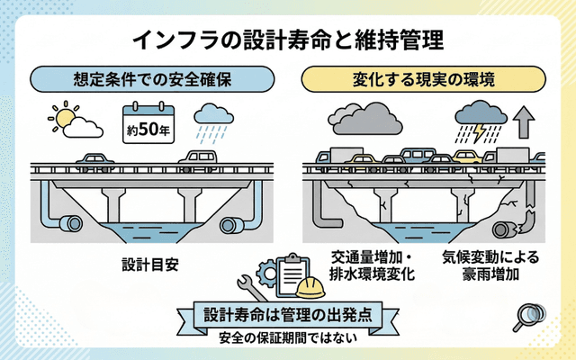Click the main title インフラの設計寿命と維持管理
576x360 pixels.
287,40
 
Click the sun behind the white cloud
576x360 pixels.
62,118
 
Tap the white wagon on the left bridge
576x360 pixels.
200,158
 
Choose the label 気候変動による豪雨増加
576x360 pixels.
490,265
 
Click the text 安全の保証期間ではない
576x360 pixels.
288,339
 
